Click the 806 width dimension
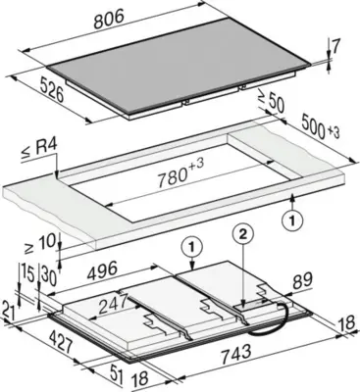[109, 20]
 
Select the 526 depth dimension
[52, 90]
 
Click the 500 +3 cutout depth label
[320, 126]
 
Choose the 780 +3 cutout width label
[180, 173]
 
